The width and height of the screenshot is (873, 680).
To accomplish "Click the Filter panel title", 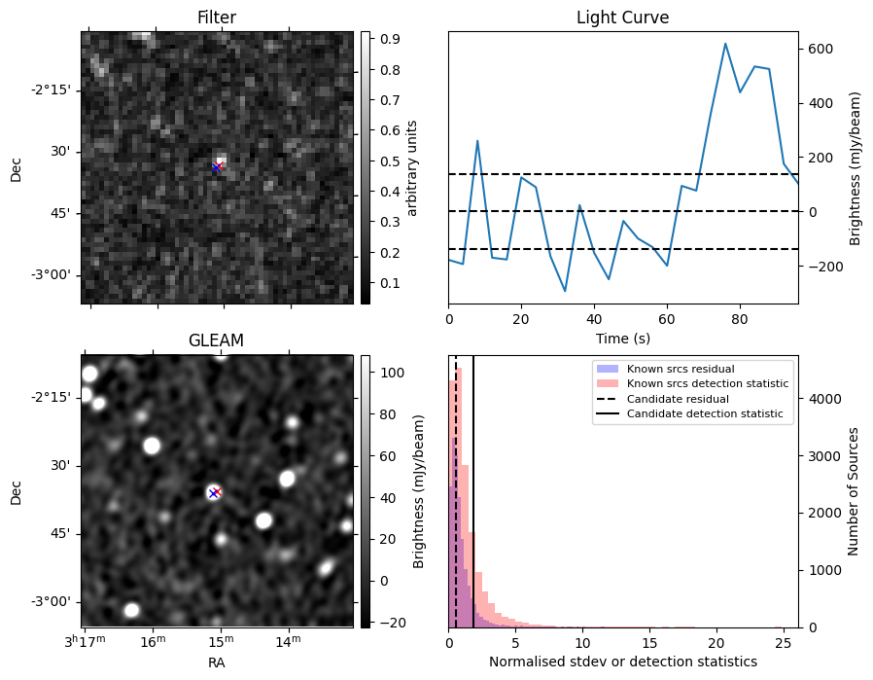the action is coord(217,18).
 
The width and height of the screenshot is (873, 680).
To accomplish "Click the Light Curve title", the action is coord(622,18).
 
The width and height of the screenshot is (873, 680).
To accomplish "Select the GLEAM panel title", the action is coord(217,340).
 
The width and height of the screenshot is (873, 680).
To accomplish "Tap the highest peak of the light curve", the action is coord(725,44).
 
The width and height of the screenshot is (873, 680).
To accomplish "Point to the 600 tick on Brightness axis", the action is coord(821,49).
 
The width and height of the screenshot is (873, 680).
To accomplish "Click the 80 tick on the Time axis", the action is coord(740,319).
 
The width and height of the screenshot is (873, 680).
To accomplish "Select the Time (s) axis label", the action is coord(623,339).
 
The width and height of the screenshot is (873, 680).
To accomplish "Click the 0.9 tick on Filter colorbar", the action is coord(390,39).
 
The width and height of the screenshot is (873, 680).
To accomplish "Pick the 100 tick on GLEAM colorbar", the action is coord(392,373).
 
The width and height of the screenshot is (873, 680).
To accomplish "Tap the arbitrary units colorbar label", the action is coord(411,168).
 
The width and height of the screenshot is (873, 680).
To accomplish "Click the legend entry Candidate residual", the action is coord(678,399).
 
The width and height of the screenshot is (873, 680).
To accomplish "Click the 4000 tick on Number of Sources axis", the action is coord(824,399).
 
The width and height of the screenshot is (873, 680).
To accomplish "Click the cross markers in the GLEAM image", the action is coord(215,493).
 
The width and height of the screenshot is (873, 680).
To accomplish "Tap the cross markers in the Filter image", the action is coord(217,167).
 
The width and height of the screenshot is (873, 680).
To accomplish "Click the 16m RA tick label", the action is coord(154,641).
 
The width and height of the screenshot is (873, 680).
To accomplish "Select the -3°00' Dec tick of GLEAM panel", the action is coord(52,602).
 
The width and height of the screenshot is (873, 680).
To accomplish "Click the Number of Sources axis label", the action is coord(853,492).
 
